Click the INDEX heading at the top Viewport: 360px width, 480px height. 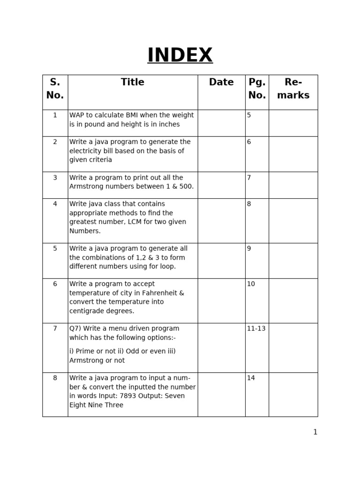180,55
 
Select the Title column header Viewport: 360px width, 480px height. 133,82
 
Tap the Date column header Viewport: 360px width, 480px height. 221,82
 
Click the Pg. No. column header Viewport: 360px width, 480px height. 257,89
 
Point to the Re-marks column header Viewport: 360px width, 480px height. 293,89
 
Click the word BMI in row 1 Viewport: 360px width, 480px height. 132,115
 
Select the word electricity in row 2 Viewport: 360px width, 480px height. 87,151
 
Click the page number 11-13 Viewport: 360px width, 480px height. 256,329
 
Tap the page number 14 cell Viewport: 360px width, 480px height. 251,378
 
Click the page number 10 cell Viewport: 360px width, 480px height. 251,284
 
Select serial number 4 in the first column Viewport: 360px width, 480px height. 55,204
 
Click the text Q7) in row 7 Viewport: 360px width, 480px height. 76,329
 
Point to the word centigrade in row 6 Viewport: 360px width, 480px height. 88,311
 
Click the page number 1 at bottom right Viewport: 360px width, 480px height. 315,432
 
